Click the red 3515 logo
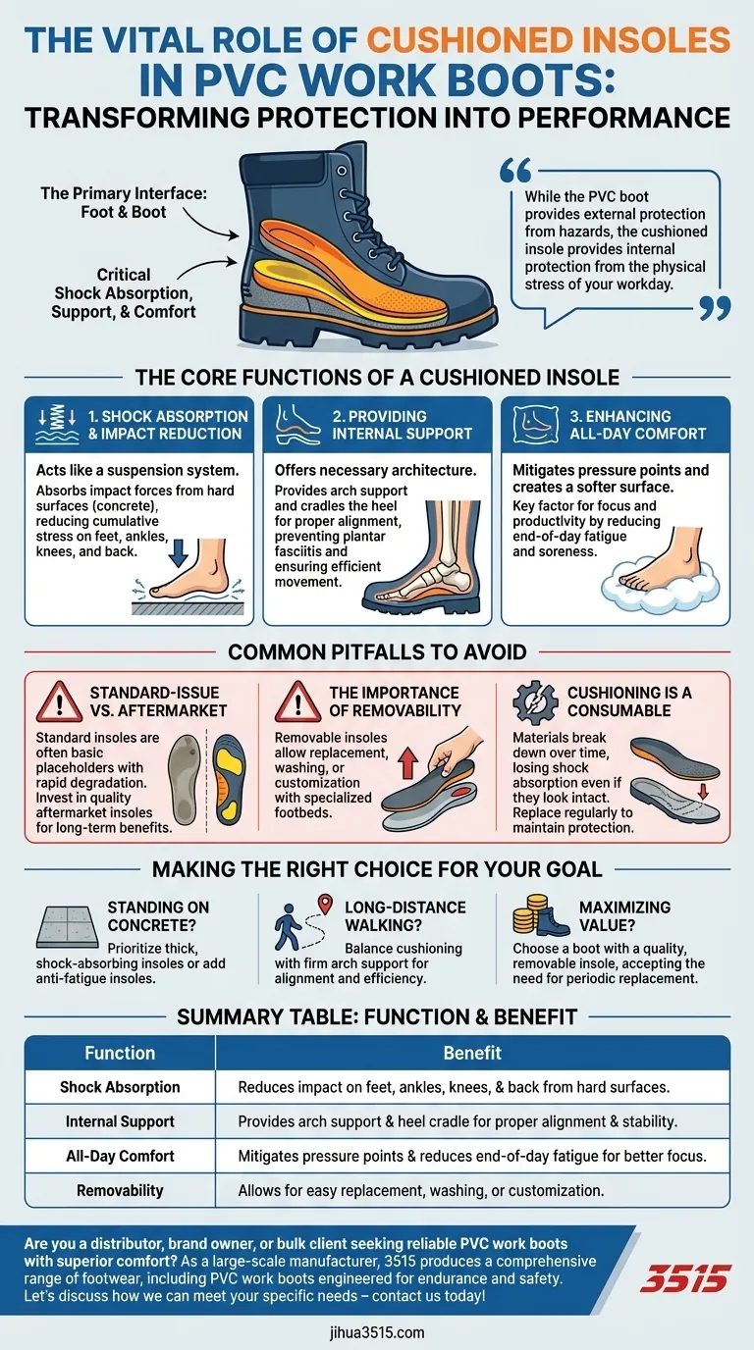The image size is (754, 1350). [x=684, y=1278]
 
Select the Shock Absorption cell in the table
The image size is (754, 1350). [x=120, y=1087]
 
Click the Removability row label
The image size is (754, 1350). [x=120, y=1190]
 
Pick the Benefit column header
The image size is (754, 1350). [x=472, y=1053]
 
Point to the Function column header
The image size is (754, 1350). [x=120, y=1053]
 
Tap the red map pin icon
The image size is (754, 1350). [x=325, y=904]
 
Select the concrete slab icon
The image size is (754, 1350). [x=68, y=926]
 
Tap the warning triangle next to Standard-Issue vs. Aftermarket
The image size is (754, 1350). [x=59, y=702]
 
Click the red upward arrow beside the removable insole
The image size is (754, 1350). [x=408, y=761]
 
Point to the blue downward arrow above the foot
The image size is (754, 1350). [x=178, y=553]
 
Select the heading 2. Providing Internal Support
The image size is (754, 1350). [x=403, y=425]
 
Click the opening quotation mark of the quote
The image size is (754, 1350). [x=515, y=171]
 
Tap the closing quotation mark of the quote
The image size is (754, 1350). [x=715, y=308]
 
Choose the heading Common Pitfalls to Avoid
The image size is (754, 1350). [x=377, y=652]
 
